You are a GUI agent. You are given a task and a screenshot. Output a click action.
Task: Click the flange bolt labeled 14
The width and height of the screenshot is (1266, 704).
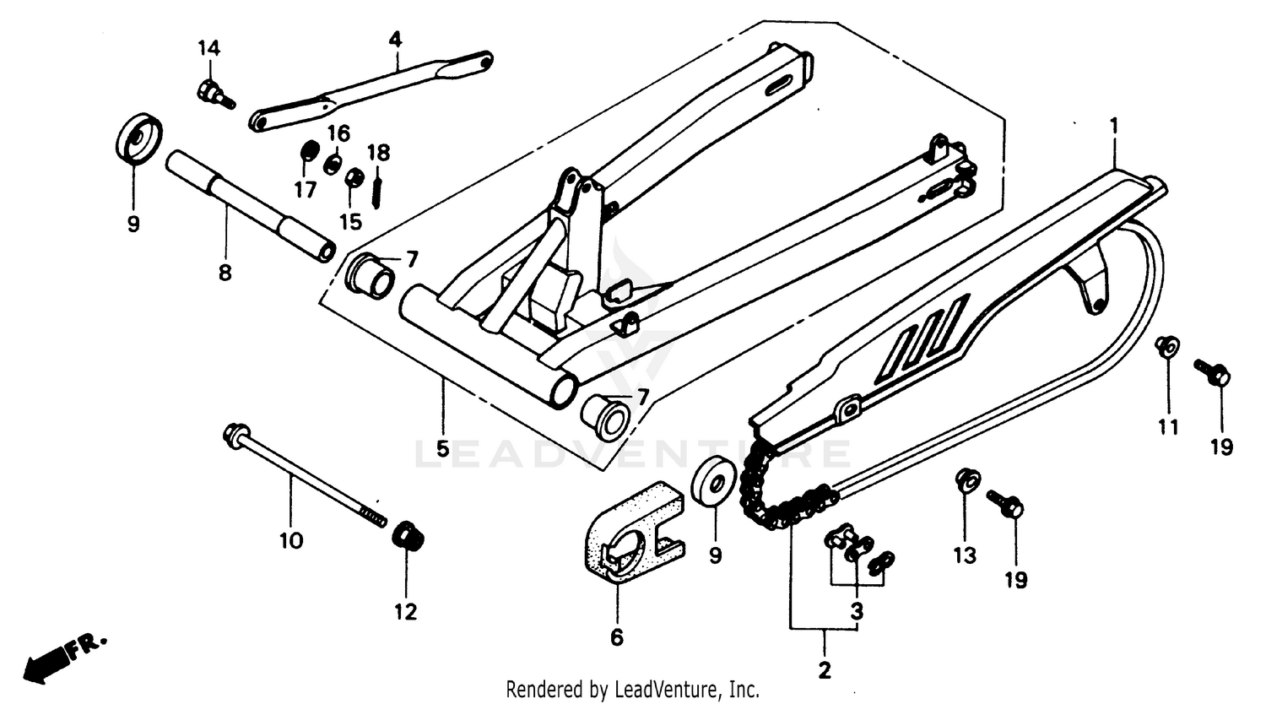211,92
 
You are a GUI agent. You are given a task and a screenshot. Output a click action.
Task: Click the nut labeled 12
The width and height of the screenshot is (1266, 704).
408,536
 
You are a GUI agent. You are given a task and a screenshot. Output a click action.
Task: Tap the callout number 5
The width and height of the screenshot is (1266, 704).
442,449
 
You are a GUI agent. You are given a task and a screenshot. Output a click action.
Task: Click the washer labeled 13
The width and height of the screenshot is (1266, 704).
966,481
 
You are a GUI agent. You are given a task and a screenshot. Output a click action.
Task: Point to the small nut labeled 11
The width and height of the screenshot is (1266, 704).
1167,346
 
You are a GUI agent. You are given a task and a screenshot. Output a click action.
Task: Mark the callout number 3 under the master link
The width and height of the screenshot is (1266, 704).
856,611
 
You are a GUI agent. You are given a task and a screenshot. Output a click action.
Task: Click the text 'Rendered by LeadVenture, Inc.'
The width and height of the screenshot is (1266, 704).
632,689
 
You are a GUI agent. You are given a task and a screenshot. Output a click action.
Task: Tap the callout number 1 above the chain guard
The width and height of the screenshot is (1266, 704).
1114,126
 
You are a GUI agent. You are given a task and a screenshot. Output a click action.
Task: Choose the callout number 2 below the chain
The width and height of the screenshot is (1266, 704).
824,671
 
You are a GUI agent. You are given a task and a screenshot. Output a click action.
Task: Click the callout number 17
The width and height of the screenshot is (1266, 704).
305,190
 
